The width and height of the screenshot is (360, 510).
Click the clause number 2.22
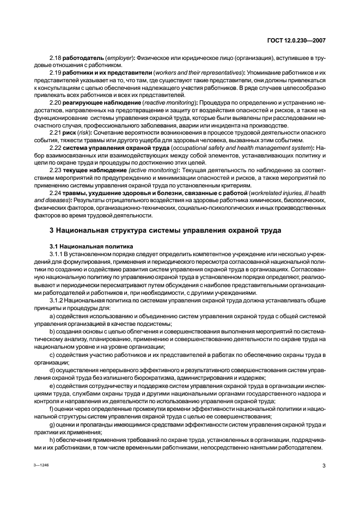56,147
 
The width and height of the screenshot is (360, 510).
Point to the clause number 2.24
56,192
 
